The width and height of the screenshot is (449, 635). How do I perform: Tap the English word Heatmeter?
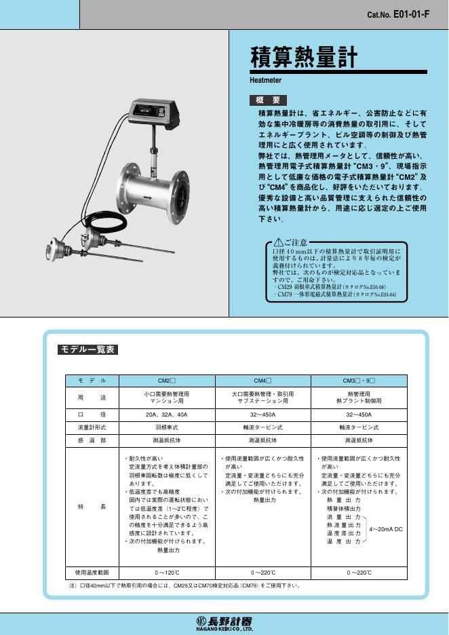coord(266,80)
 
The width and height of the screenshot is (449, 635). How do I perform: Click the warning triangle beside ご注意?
coord(277,242)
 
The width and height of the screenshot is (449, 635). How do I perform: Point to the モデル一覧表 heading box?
coord(88,350)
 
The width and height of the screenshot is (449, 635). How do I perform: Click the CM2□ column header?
coord(167,381)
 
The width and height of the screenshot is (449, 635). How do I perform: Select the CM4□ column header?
coord(263,381)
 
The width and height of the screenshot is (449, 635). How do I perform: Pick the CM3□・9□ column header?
coord(358,381)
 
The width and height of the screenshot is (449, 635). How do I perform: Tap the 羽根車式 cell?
coord(167,427)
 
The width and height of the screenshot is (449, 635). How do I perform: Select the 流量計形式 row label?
coord(92,427)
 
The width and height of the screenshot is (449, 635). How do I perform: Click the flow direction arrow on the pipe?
coord(148,198)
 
